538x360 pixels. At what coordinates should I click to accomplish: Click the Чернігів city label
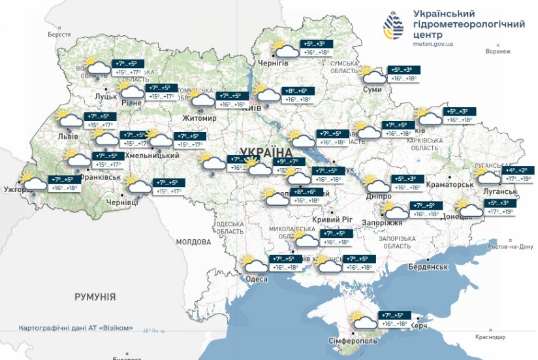(x=273, y=62)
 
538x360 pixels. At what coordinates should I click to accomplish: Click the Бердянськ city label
(x=428, y=267)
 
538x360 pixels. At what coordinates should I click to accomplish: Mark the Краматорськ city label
(x=448, y=186)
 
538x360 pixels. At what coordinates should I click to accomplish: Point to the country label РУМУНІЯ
(x=95, y=297)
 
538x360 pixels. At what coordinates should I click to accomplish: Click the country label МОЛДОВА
(x=193, y=242)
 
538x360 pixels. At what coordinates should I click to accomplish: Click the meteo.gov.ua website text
(x=433, y=44)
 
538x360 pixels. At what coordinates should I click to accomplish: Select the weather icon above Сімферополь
(x=363, y=319)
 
